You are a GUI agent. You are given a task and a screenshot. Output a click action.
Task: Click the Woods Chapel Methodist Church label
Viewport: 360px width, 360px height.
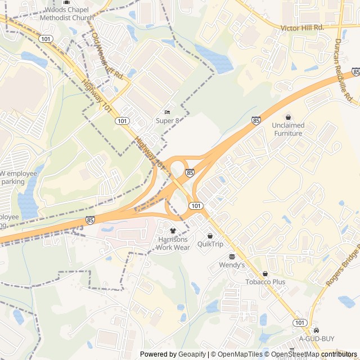coord(66,13)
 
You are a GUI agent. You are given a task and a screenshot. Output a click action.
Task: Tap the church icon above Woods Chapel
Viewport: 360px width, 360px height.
coord(66,3)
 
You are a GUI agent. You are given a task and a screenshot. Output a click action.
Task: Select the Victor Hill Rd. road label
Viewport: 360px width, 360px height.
coord(302,27)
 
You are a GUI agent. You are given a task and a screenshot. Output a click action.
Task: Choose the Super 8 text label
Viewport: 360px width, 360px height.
coord(167,120)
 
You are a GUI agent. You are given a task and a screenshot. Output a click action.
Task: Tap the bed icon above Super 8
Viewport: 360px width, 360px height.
coord(167,112)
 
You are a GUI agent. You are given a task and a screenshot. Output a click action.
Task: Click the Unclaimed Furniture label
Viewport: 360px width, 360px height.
coord(288,129)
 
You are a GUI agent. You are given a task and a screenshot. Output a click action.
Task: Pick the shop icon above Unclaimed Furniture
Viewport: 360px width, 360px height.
coord(288,117)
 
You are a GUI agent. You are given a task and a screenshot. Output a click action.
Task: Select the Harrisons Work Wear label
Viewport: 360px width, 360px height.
coord(173,243)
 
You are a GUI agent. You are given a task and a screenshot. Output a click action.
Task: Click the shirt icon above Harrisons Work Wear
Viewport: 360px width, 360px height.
coord(173,231)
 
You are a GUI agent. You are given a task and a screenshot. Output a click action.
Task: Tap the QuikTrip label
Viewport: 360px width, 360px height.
coord(210,244)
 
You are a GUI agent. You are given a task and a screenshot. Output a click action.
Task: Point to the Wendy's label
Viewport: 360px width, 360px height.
coord(232,264)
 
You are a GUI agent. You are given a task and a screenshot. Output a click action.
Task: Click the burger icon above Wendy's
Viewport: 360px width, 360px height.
coord(232,256)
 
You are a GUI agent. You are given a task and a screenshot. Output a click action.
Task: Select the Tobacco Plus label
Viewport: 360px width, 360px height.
coord(265,282)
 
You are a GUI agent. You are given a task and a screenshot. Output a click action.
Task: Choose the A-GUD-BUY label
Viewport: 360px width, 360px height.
coord(316,339)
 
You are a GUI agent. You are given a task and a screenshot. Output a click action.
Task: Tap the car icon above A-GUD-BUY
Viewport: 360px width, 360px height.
coord(316,330)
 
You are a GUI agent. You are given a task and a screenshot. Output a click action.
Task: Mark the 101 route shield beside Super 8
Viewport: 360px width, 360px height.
coord(121,121)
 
